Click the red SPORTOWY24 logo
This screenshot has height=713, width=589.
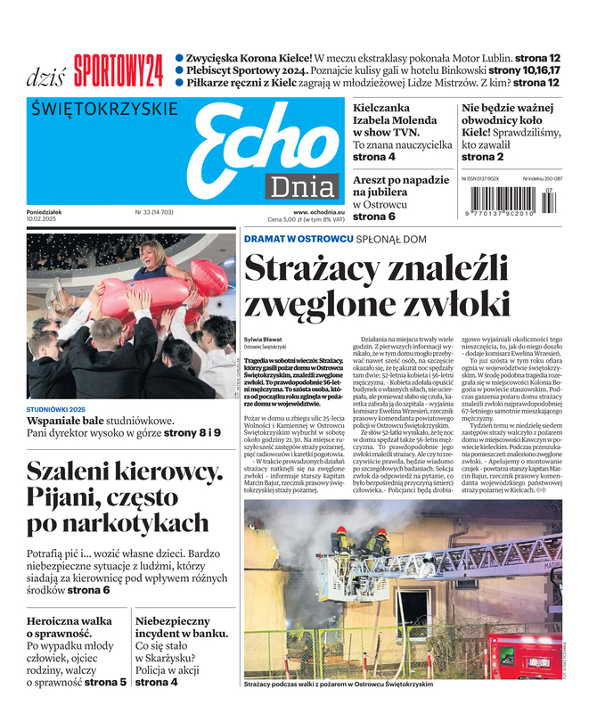(118, 70)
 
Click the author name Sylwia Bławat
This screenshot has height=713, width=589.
(264, 340)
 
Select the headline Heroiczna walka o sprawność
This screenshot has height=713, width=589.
(70, 628)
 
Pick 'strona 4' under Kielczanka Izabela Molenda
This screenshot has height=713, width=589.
(374, 157)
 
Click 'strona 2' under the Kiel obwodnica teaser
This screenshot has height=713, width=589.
(482, 157)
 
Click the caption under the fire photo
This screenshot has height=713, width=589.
(338, 684)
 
